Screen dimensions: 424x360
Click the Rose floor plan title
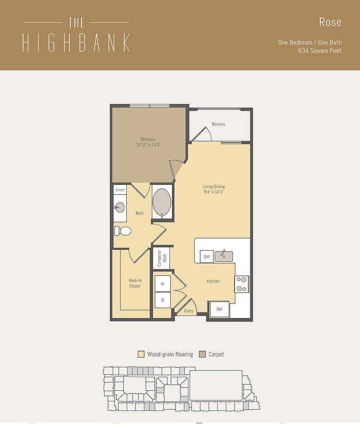[330, 22]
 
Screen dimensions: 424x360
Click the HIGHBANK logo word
[76, 43]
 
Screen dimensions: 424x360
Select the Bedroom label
[148, 139]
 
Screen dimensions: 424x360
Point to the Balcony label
[218, 124]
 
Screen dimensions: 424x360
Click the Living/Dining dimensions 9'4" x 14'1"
[213, 191]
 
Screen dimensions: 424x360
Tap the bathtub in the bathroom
[162, 202]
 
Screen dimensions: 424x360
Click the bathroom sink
[119, 207]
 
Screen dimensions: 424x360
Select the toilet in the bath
[123, 231]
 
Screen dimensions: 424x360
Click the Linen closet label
[120, 190]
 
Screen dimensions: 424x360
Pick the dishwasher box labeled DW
[206, 257]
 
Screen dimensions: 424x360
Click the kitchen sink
[224, 256]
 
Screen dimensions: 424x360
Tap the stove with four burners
[242, 284]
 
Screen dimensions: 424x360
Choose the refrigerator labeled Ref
[219, 309]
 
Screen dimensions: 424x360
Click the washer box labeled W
[162, 284]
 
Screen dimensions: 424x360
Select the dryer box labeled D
[162, 300]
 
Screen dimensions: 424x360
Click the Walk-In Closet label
[134, 283]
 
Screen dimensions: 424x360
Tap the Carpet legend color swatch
[203, 354]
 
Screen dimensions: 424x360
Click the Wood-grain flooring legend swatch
[141, 354]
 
